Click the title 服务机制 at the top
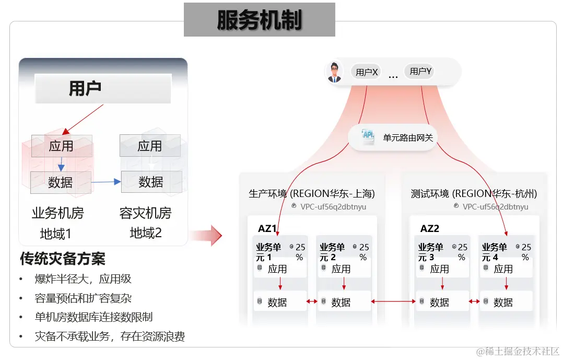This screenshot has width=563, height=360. (x=259, y=20)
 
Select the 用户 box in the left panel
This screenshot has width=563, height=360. (x=103, y=88)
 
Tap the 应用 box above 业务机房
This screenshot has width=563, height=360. (x=62, y=146)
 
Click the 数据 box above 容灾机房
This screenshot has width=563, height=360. (x=151, y=182)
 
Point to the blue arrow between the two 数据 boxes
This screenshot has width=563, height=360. (x=106, y=182)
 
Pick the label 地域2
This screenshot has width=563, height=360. (x=146, y=233)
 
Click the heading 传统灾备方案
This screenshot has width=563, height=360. (x=63, y=259)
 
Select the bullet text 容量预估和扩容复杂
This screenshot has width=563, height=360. (x=83, y=298)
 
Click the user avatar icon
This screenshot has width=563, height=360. (x=334, y=72)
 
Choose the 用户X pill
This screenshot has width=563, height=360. (x=367, y=72)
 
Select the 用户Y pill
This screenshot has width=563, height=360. (x=420, y=72)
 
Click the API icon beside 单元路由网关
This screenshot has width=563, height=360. (x=368, y=137)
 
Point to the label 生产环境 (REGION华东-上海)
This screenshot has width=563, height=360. (x=312, y=194)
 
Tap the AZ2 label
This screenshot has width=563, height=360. (x=429, y=228)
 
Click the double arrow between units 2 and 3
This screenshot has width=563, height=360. (x=393, y=301)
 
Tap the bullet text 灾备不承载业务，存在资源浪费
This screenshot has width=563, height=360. (x=110, y=336)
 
